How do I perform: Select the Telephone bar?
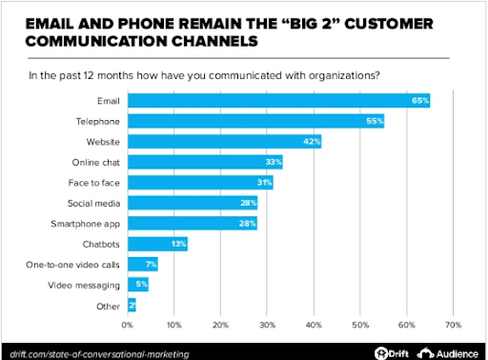point(255,121)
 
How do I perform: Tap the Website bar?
point(225,142)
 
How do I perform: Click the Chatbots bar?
point(158,244)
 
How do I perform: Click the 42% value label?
point(312,142)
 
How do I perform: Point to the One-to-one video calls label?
point(77,265)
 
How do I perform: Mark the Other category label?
point(110,306)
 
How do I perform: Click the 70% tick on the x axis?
point(453,324)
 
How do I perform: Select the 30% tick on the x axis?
point(268,324)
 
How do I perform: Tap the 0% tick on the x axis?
point(129,324)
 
